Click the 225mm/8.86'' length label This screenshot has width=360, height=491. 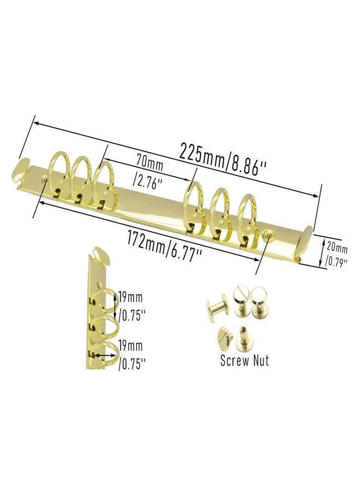coord(223,158)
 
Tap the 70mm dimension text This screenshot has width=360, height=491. coord(149,164)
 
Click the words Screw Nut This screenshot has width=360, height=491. coord(244,360)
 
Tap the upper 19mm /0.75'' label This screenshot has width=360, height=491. coord(131,306)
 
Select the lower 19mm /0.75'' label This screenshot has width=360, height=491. coord(131,355)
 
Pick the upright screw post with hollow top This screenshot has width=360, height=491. coord(243,338)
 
